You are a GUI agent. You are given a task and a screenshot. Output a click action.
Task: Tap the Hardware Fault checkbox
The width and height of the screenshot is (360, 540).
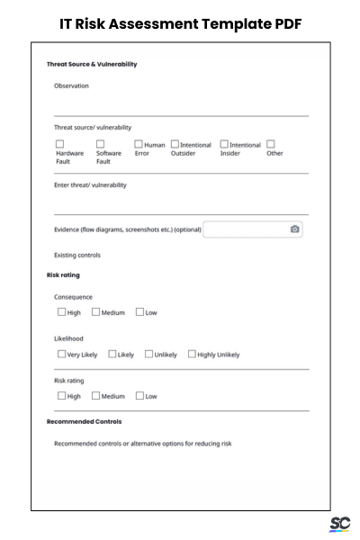click(60, 144)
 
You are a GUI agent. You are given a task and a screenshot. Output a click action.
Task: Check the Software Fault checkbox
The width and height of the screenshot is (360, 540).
click(101, 144)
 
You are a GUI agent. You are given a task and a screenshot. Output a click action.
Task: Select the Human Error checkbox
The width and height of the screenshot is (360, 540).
click(139, 144)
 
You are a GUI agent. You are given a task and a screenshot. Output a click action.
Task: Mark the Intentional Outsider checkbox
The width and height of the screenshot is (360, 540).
click(175, 144)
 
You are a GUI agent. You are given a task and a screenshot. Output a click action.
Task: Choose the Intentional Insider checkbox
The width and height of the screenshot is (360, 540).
click(225, 144)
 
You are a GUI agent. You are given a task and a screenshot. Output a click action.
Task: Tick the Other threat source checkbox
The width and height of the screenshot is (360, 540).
click(270, 144)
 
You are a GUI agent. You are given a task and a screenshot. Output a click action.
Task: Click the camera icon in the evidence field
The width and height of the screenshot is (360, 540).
click(294, 229)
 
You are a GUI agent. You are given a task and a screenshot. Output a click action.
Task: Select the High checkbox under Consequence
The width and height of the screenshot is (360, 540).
click(62, 312)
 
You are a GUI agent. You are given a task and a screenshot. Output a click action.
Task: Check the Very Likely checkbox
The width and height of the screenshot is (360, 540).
click(62, 354)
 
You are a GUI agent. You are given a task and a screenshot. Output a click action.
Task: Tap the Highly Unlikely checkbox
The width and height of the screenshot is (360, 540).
click(192, 354)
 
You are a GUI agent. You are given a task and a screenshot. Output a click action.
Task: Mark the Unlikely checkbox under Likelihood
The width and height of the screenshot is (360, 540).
click(148, 354)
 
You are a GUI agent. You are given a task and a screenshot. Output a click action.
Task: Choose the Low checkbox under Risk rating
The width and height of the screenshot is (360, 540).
click(139, 395)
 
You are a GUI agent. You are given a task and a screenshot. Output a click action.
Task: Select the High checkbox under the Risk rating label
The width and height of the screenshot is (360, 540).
click(62, 395)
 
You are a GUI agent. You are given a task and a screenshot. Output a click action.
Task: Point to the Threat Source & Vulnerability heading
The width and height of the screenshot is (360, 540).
click(91, 64)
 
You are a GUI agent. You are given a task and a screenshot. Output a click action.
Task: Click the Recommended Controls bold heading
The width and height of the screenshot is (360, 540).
click(84, 421)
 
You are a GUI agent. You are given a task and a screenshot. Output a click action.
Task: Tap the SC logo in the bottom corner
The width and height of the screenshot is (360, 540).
click(339, 524)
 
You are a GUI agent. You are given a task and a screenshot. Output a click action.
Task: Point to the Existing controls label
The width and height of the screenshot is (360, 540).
click(77, 255)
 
